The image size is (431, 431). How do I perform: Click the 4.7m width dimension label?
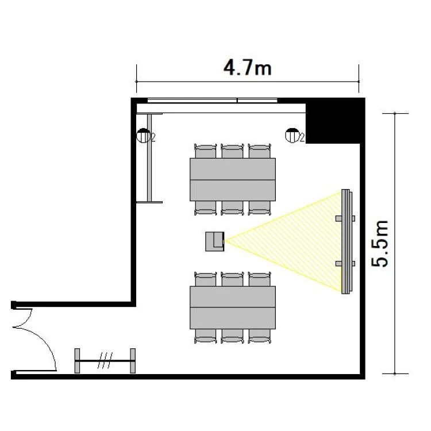pyautogui.click(x=247, y=68)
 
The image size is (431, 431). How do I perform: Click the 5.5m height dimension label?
pyautogui.click(x=380, y=244)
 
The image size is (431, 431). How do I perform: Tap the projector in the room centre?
pyautogui.click(x=215, y=241)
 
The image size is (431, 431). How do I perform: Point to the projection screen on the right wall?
pyautogui.click(x=347, y=241)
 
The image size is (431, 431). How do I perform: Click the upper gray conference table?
pyautogui.click(x=233, y=179)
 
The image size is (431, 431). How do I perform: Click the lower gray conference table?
pyautogui.click(x=233, y=307)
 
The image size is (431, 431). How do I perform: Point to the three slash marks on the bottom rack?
pyautogui.click(x=105, y=360)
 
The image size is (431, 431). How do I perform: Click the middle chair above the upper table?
pyautogui.click(x=232, y=151)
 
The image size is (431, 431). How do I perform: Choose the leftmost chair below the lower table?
pyautogui.click(x=205, y=336)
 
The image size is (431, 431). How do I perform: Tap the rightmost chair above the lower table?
pyautogui.click(x=260, y=279)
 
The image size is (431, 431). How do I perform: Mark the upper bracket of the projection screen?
pyautogui.click(x=345, y=218)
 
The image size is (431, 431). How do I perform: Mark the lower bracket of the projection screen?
pyautogui.click(x=345, y=264)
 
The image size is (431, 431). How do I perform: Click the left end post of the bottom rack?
pyautogui.click(x=77, y=361)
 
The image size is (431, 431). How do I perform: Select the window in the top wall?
pyautogui.click(x=213, y=101)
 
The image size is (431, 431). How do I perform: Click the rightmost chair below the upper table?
pyautogui.click(x=260, y=208)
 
